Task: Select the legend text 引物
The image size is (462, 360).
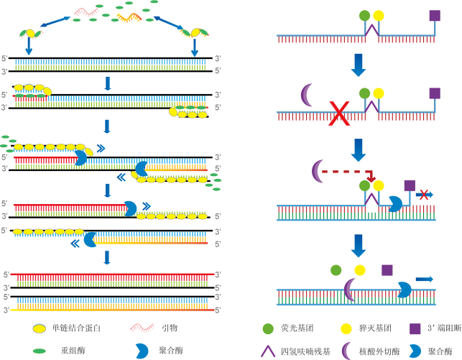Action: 170,328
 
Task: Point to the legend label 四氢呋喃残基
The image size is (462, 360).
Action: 305,351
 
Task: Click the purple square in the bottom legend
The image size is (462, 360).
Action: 415,328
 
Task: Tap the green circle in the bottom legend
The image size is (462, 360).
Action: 268,328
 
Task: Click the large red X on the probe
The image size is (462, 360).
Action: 338,114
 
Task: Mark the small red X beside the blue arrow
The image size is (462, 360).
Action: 424,194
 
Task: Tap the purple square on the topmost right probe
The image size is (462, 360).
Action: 434,15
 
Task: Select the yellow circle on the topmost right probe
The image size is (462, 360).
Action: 379,15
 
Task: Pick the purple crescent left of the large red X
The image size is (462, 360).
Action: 307,95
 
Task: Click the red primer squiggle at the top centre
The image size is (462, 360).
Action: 86,11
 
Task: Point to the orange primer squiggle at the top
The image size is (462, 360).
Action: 129,16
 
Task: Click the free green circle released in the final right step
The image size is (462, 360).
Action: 336,269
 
